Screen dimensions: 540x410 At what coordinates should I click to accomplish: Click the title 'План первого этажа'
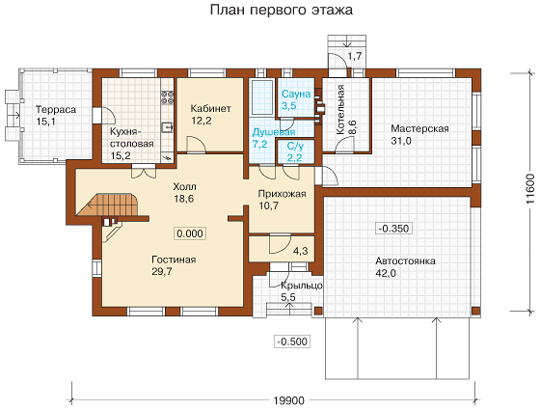(x=282, y=10)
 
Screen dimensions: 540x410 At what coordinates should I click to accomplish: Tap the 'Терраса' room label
(x=56, y=110)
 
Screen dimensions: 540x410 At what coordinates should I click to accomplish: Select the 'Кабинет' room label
(x=211, y=108)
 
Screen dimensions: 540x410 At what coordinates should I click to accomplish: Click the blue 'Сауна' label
(x=296, y=94)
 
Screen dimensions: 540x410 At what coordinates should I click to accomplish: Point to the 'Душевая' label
(x=274, y=132)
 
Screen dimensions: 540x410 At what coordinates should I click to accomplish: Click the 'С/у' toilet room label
(x=295, y=147)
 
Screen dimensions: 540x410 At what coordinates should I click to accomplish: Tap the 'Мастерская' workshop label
(x=419, y=128)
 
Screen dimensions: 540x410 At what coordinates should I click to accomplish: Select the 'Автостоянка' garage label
(x=405, y=260)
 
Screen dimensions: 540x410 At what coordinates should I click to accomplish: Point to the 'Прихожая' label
(x=282, y=194)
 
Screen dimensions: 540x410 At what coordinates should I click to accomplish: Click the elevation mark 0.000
(x=190, y=233)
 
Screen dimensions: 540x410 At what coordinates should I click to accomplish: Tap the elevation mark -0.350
(x=393, y=229)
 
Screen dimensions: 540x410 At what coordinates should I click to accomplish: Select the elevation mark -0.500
(x=292, y=342)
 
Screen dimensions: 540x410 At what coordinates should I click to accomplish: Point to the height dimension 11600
(x=530, y=189)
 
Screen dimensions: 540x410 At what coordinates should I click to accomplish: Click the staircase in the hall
(x=113, y=205)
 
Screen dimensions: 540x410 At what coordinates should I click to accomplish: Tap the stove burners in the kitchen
(x=168, y=97)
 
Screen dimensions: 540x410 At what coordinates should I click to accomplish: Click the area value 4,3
(x=300, y=251)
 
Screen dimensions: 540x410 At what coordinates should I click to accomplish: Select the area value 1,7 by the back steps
(x=355, y=56)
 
